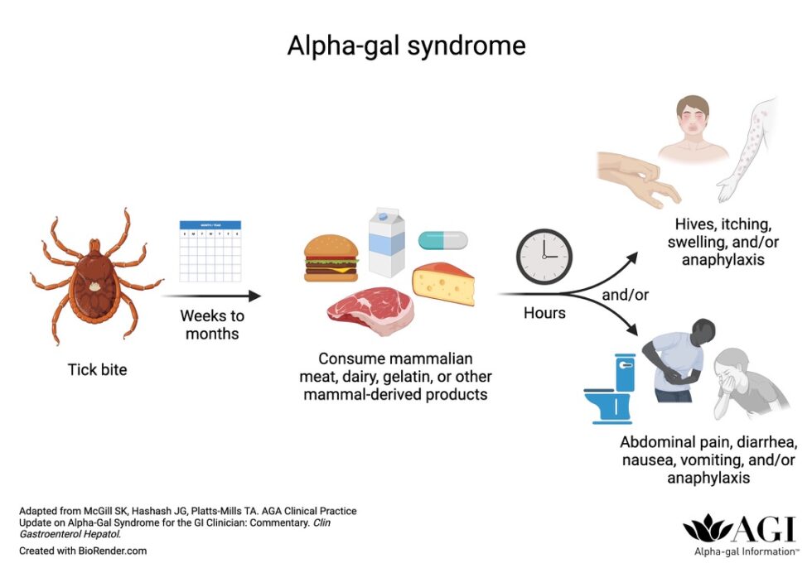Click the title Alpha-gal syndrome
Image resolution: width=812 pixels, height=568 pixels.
click(x=406, y=45)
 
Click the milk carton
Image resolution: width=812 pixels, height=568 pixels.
click(x=387, y=242)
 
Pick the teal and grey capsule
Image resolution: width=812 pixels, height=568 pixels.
click(x=442, y=240)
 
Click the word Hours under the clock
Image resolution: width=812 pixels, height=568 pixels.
click(x=544, y=313)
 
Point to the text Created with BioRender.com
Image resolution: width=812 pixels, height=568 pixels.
click(x=83, y=551)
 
